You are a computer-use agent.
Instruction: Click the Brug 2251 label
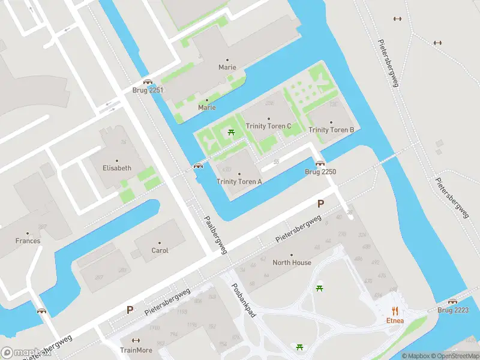[148, 90]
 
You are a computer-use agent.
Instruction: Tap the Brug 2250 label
[320, 172]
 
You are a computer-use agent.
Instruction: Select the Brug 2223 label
[453, 310]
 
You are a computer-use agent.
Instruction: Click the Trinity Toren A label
[239, 181]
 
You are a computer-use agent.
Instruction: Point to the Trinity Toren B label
[331, 130]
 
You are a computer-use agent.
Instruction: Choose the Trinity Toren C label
[268, 126]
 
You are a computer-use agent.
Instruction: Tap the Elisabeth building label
[116, 168]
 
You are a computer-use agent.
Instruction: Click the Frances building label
[28, 241]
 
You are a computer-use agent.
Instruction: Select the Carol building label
[160, 250]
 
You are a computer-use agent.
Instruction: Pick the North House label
[292, 262]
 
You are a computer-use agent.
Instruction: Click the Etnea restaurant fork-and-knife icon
[395, 310]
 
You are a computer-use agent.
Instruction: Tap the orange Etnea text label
[395, 320]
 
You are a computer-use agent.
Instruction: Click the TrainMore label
[136, 350]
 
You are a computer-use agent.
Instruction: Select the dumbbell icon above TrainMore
[136, 340]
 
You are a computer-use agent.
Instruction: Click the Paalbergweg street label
[215, 235]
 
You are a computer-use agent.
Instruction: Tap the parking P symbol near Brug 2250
[320, 203]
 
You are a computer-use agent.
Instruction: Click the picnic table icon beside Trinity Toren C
[231, 132]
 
